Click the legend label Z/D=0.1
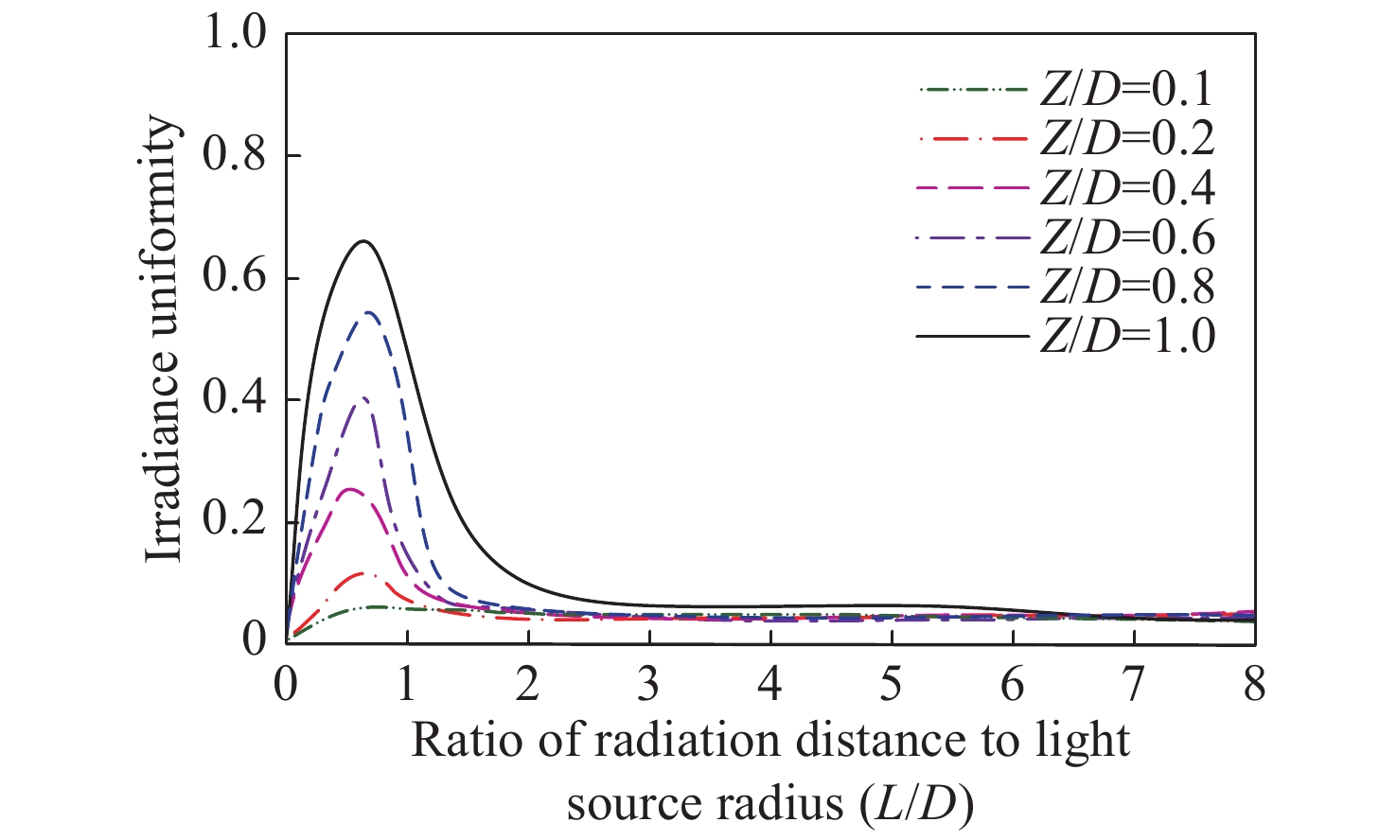pyautogui.click(x=1126, y=90)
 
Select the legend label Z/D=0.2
pyautogui.click(x=1126, y=139)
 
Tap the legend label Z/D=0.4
pyautogui.click(x=1126, y=188)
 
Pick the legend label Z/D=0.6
pyautogui.click(x=1126, y=237)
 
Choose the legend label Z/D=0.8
pyautogui.click(x=1126, y=287)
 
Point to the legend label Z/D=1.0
pyautogui.click(x=1126, y=336)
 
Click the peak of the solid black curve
pyautogui.click(x=363, y=241)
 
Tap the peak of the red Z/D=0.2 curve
pyautogui.click(x=361, y=573)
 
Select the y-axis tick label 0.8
pyautogui.click(x=235, y=156)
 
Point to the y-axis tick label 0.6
pyautogui.click(x=235, y=278)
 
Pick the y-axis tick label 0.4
pyautogui.click(x=235, y=400)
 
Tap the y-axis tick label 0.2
pyautogui.click(x=235, y=522)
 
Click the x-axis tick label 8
pyautogui.click(x=1254, y=683)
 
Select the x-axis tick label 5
pyautogui.click(x=891, y=683)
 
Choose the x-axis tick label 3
pyautogui.click(x=648, y=683)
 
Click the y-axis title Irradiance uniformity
pyautogui.click(x=162, y=339)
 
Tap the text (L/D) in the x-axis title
pyautogui.click(x=916, y=804)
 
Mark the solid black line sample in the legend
pyautogui.click(x=971, y=336)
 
